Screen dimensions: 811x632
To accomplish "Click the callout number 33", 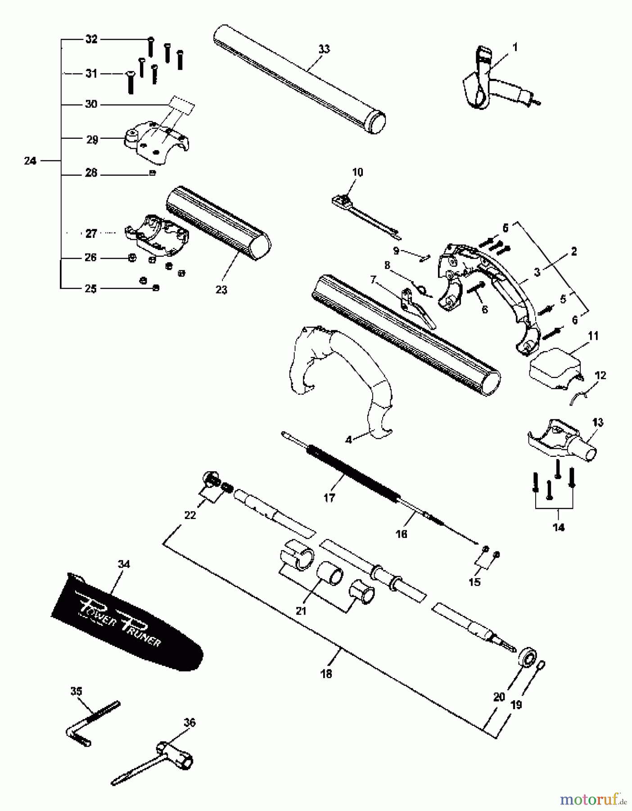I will click(x=324, y=49).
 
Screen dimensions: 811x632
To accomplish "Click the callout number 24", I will click(x=30, y=160).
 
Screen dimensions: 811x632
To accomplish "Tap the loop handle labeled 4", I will click(x=342, y=374).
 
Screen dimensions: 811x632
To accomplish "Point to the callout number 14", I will click(x=558, y=527).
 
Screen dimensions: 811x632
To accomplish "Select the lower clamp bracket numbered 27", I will click(x=158, y=234).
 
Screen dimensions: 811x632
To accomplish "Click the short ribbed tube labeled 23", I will click(x=218, y=223).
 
